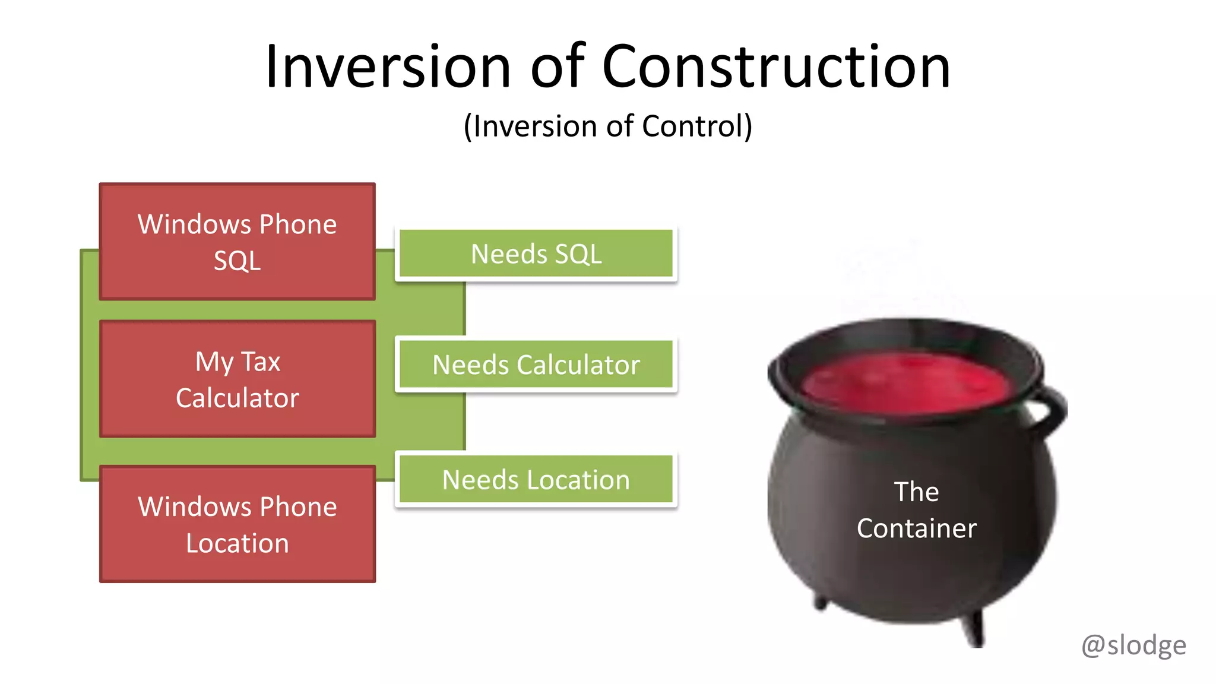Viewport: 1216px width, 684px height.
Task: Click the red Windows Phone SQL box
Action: click(237, 242)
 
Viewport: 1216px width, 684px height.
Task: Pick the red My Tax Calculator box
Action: click(237, 379)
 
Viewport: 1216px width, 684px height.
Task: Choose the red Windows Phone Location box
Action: click(237, 524)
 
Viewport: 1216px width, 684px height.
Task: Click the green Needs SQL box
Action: click(536, 254)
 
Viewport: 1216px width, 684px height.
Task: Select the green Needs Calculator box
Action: click(536, 365)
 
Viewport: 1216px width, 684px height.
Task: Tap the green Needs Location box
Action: click(536, 480)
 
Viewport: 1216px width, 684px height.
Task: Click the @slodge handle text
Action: click(1133, 645)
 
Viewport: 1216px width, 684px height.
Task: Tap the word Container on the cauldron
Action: click(916, 528)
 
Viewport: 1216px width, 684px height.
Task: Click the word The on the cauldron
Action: click(916, 492)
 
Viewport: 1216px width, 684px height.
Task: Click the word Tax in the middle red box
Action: click(260, 362)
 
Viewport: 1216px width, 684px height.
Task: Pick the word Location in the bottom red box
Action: click(237, 543)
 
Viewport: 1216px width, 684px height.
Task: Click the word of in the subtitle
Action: click(619, 126)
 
